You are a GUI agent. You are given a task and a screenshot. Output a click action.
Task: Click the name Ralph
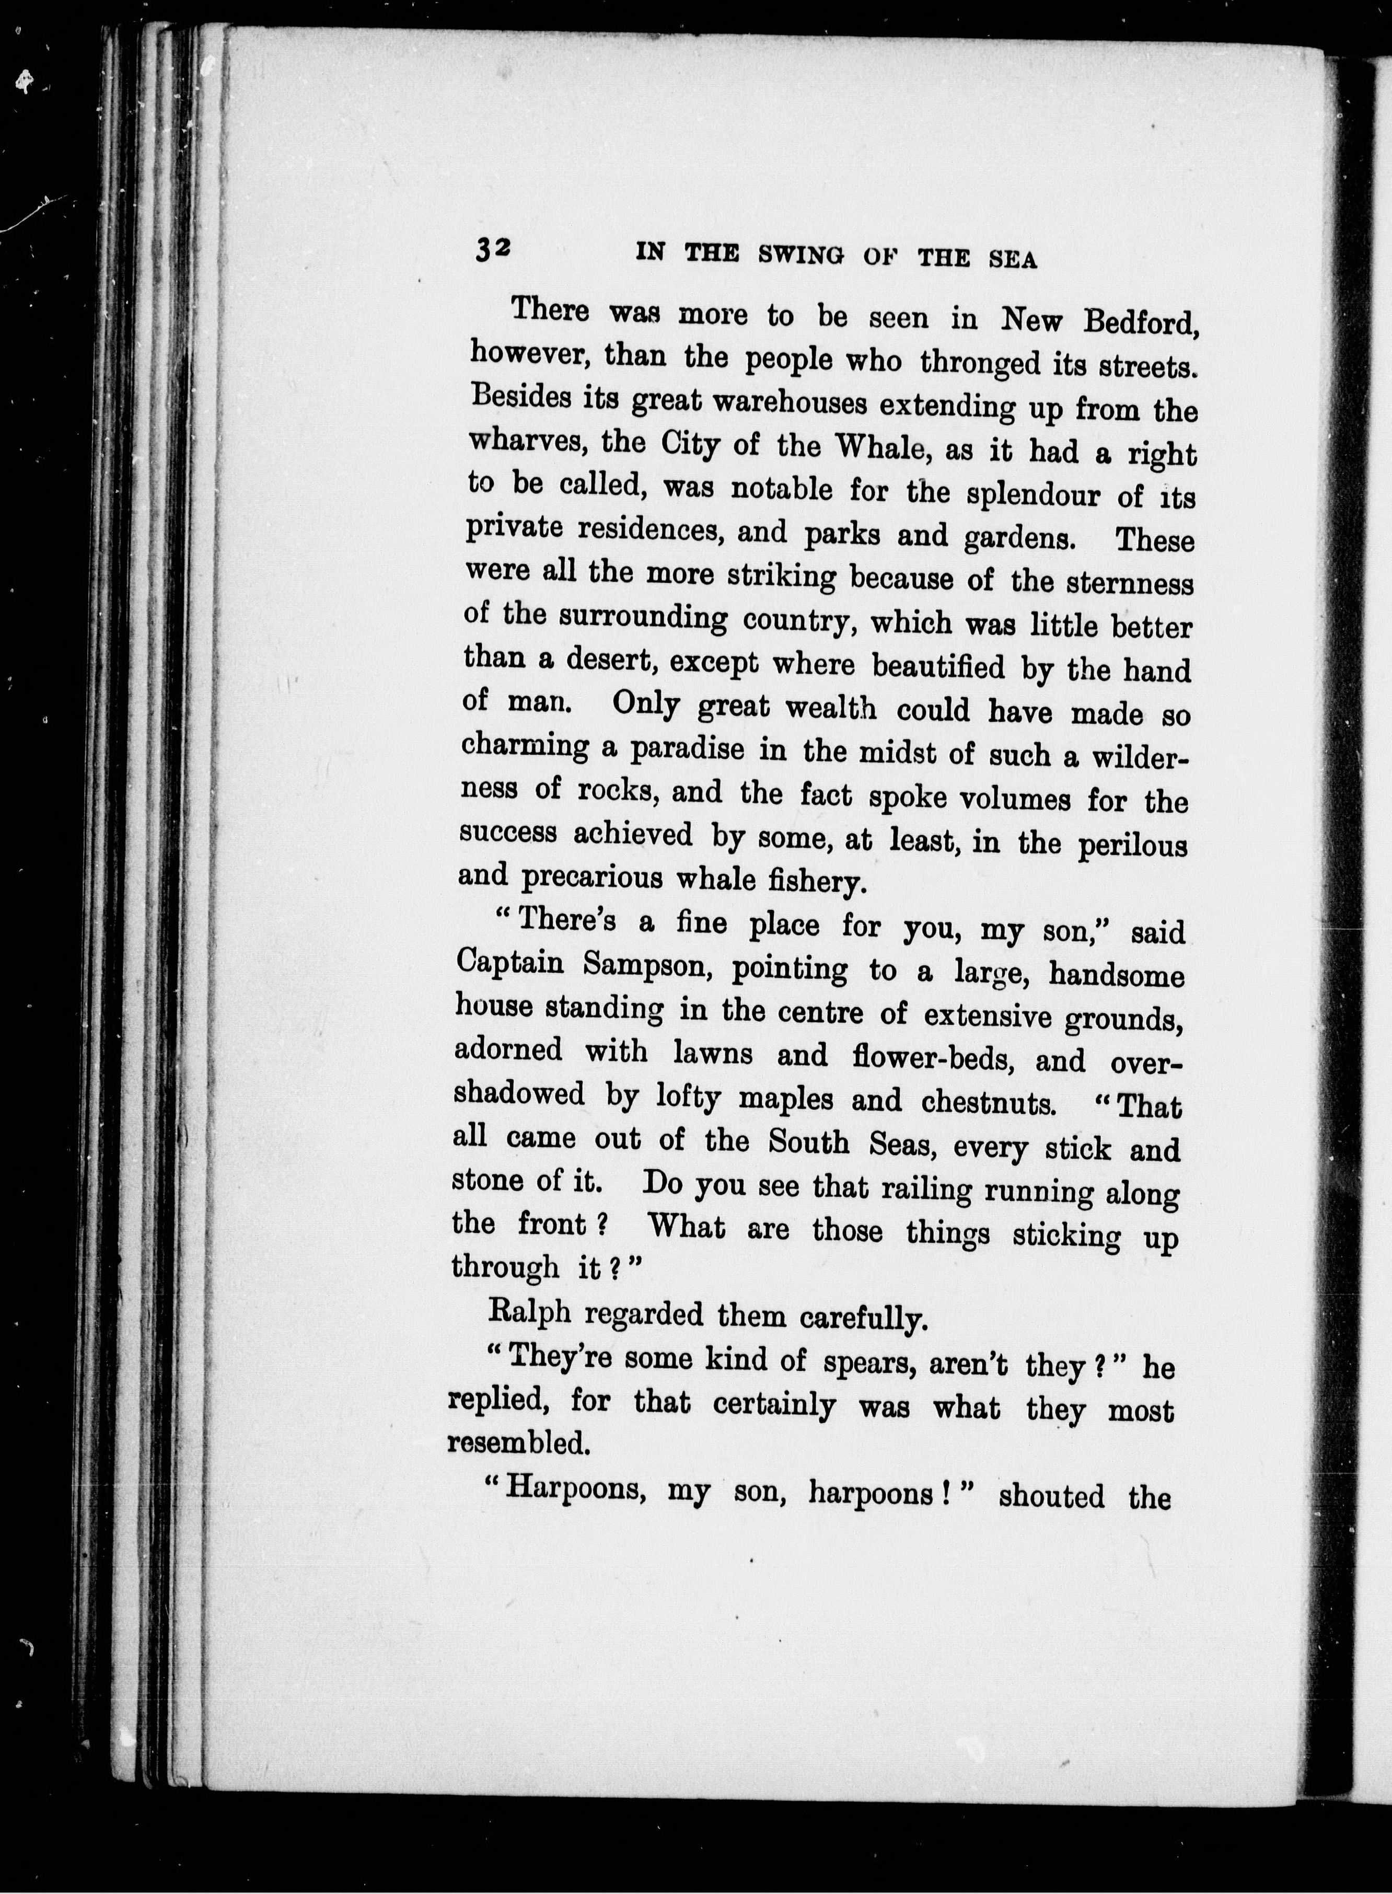pyautogui.click(x=530, y=1312)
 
